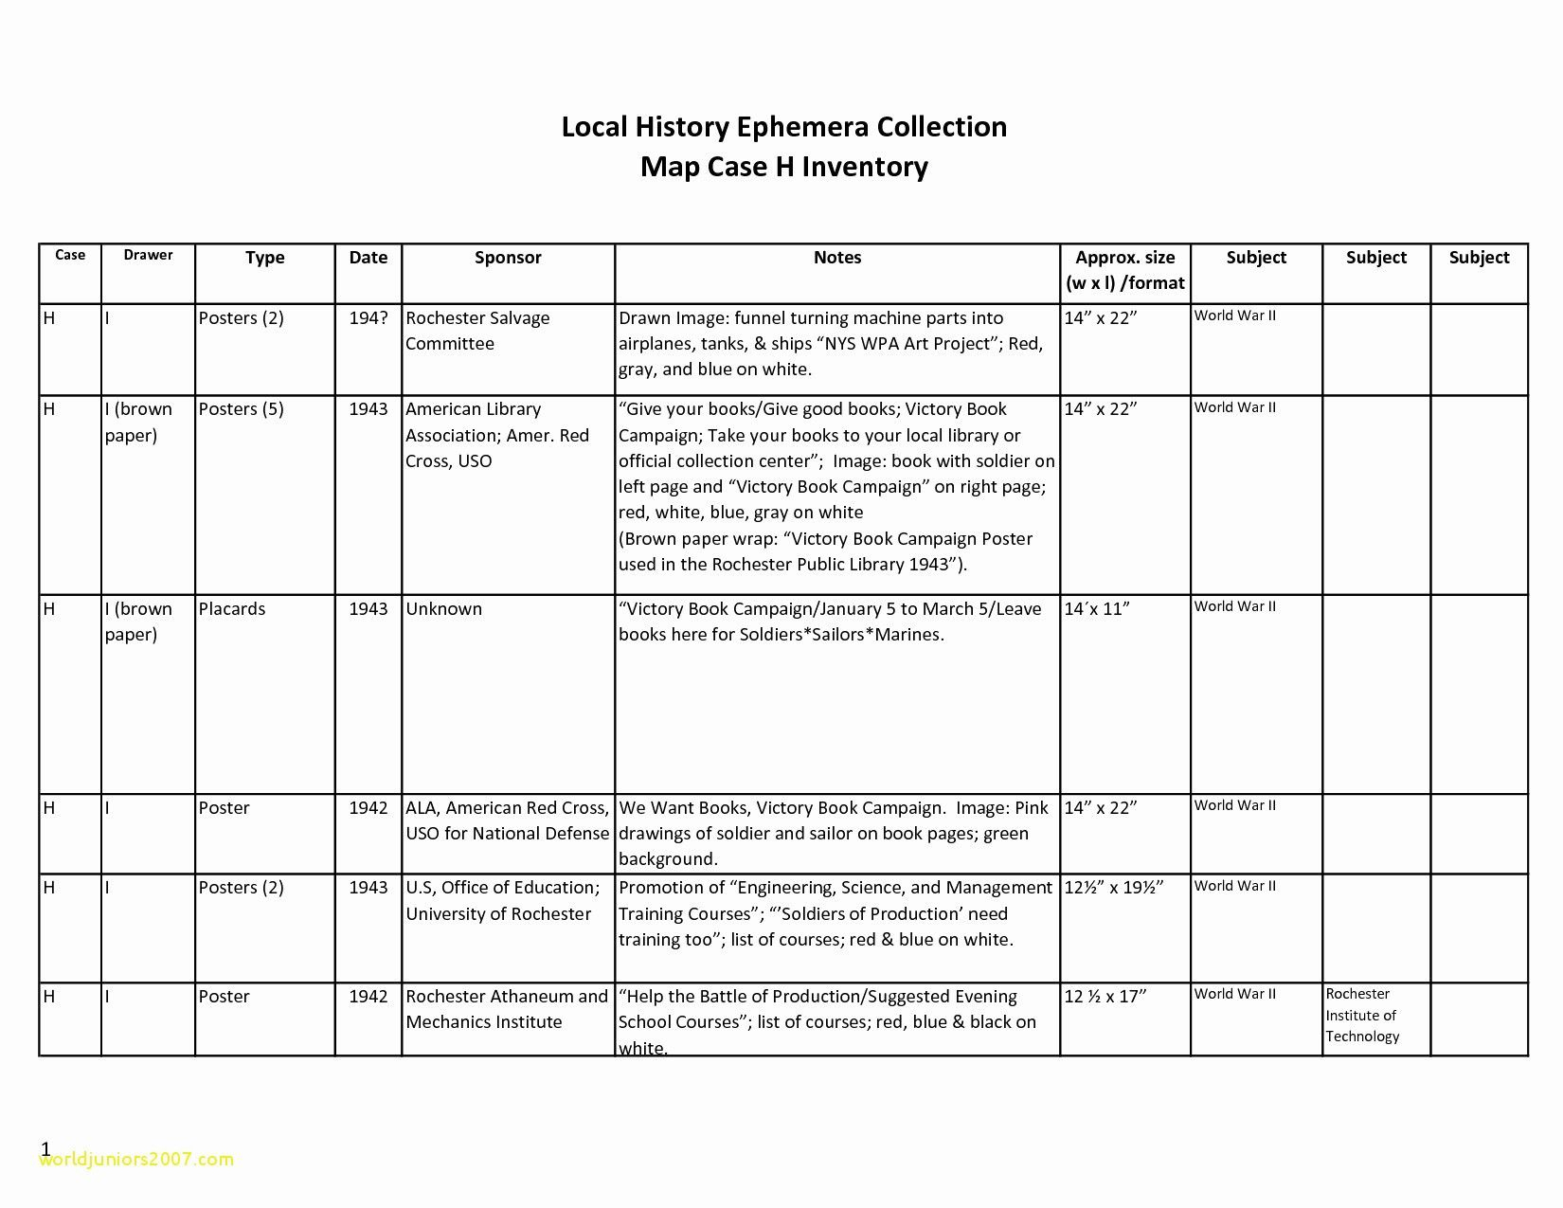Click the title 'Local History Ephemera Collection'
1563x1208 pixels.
click(x=783, y=127)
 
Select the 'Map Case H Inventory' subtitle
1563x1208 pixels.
click(x=783, y=167)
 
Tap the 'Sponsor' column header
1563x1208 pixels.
click(x=508, y=258)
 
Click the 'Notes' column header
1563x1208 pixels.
click(x=837, y=258)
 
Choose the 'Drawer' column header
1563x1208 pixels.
click(x=148, y=255)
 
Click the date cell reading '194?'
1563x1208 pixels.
click(x=368, y=318)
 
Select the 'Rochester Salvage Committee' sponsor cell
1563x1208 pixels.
click(x=477, y=331)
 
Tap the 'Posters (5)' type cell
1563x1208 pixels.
click(x=241, y=409)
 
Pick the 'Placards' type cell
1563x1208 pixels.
click(x=232, y=609)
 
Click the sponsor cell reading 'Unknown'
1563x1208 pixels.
click(x=443, y=609)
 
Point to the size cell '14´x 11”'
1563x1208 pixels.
click(x=1097, y=609)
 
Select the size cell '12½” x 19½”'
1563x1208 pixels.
click(x=1113, y=888)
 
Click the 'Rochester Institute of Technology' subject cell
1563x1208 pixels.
click(x=1362, y=1015)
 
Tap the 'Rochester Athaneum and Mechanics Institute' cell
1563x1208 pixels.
click(x=506, y=1009)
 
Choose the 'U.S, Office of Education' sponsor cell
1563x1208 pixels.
click(x=502, y=900)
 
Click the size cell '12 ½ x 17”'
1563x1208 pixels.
click(x=1105, y=997)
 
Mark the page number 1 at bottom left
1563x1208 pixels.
click(x=45, y=1149)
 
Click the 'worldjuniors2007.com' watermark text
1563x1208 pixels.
click(x=136, y=1160)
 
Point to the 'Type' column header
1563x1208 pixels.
click(x=264, y=258)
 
